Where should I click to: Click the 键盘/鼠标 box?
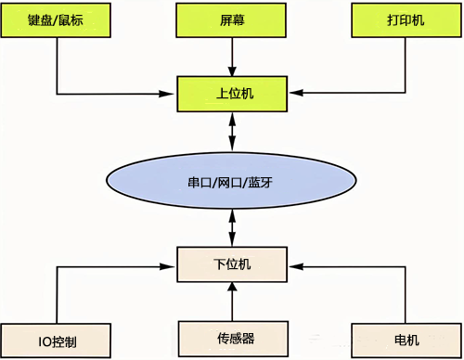[58, 20]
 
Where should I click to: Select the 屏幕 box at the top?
[232, 20]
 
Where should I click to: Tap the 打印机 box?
[406, 20]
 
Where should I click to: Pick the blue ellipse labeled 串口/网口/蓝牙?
[232, 181]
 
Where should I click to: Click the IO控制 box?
[58, 339]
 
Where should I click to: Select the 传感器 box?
[232, 339]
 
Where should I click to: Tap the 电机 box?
[406, 339]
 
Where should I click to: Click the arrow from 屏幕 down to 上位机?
[232, 58]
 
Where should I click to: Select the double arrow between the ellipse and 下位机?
[232, 228]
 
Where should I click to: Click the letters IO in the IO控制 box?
[43, 340]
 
